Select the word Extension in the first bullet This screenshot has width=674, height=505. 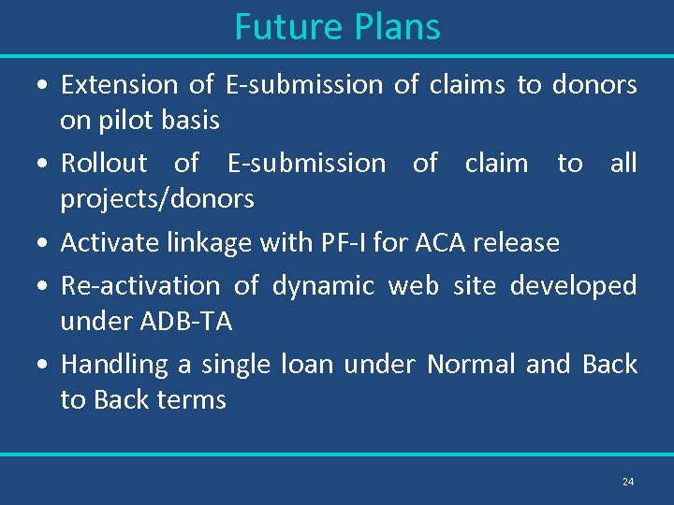point(119,85)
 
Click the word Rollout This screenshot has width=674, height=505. point(104,164)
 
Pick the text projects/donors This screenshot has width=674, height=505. point(157,199)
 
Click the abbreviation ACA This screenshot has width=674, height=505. point(438,243)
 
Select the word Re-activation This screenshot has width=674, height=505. point(139,285)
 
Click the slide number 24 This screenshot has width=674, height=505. point(627,482)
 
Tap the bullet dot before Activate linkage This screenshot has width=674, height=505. point(44,244)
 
